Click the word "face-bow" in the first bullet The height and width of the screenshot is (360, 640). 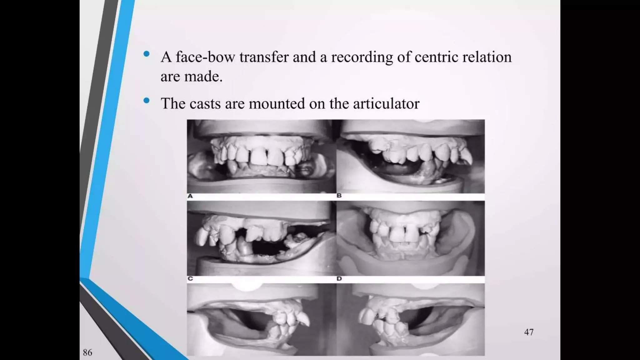pyautogui.click(x=205, y=57)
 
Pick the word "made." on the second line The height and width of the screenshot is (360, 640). pyautogui.click(x=203, y=77)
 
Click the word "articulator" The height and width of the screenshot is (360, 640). pyautogui.click(x=386, y=104)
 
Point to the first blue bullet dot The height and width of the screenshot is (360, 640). pyautogui.click(x=146, y=54)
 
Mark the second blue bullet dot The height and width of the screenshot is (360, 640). pyautogui.click(x=146, y=101)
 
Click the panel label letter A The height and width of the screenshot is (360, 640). pyautogui.click(x=190, y=196)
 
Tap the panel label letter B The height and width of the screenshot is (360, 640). pyautogui.click(x=339, y=196)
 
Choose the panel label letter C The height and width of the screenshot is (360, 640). pyautogui.click(x=190, y=279)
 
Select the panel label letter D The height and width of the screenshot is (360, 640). pyautogui.click(x=339, y=279)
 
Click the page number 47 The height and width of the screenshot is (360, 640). pyautogui.click(x=529, y=332)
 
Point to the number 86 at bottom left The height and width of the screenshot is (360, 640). pyautogui.click(x=87, y=352)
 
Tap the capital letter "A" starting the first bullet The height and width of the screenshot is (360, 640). pyautogui.click(x=166, y=57)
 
